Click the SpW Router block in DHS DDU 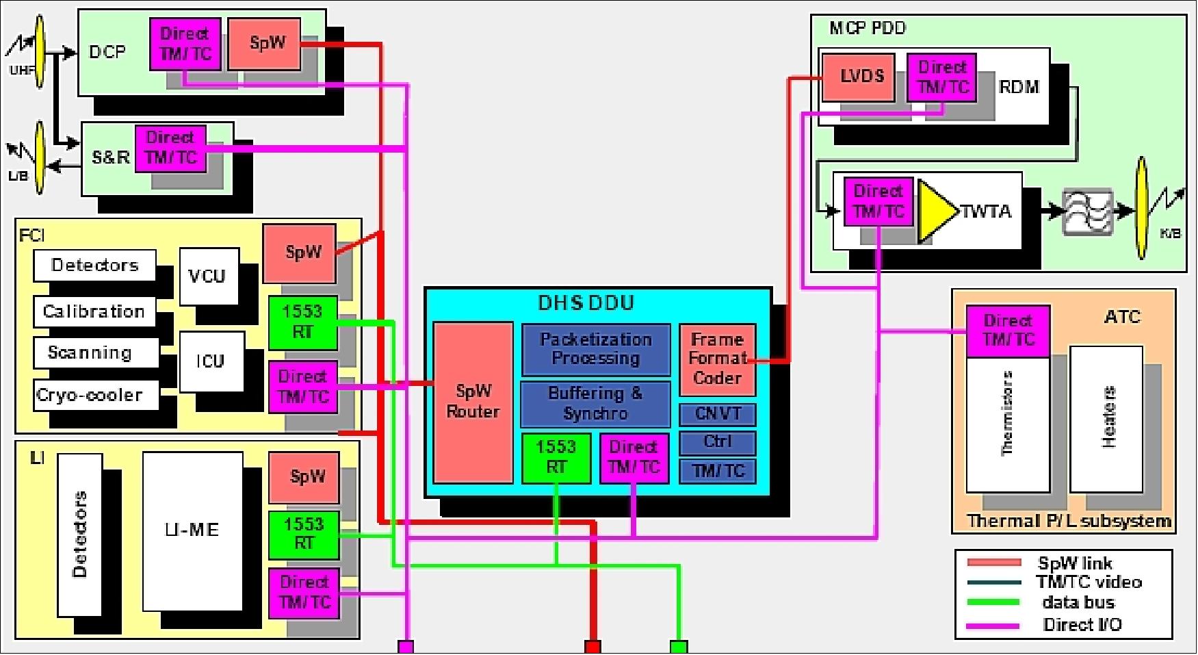(x=473, y=402)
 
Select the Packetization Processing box (x=595, y=349)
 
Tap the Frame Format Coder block (x=717, y=359)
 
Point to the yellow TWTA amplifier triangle (x=936, y=211)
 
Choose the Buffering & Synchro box (x=595, y=404)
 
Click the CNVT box (x=717, y=414)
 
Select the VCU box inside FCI (x=208, y=276)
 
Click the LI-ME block (x=192, y=530)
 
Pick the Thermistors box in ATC (x=1007, y=424)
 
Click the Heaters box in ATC (x=1106, y=419)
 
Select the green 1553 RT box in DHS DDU (x=556, y=457)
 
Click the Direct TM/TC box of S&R (x=171, y=148)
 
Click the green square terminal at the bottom (x=678, y=647)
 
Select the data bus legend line (x=993, y=603)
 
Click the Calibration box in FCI (x=94, y=311)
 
